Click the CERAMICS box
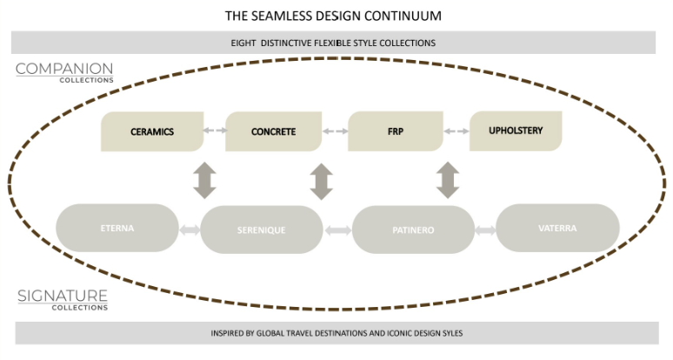[152, 131]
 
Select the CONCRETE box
[273, 131]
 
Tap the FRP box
[396, 131]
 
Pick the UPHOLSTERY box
[515, 131]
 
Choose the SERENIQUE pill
[262, 230]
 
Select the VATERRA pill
[557, 228]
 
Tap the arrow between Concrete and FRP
[335, 132]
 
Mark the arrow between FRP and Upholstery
[456, 132]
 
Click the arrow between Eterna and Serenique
[189, 230]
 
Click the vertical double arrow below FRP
[448, 178]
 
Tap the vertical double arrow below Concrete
[322, 181]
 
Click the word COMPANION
[63, 68]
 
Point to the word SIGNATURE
[62, 296]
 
